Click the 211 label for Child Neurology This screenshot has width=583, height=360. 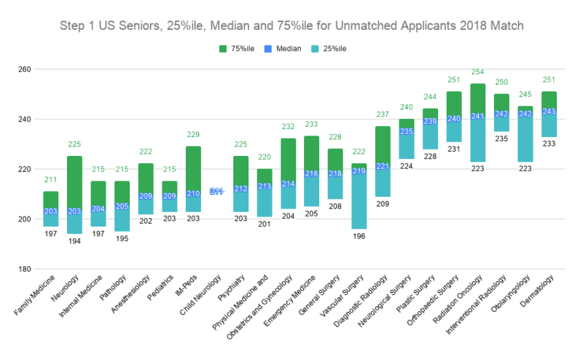coord(216,192)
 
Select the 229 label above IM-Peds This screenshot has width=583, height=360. coord(193,136)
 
